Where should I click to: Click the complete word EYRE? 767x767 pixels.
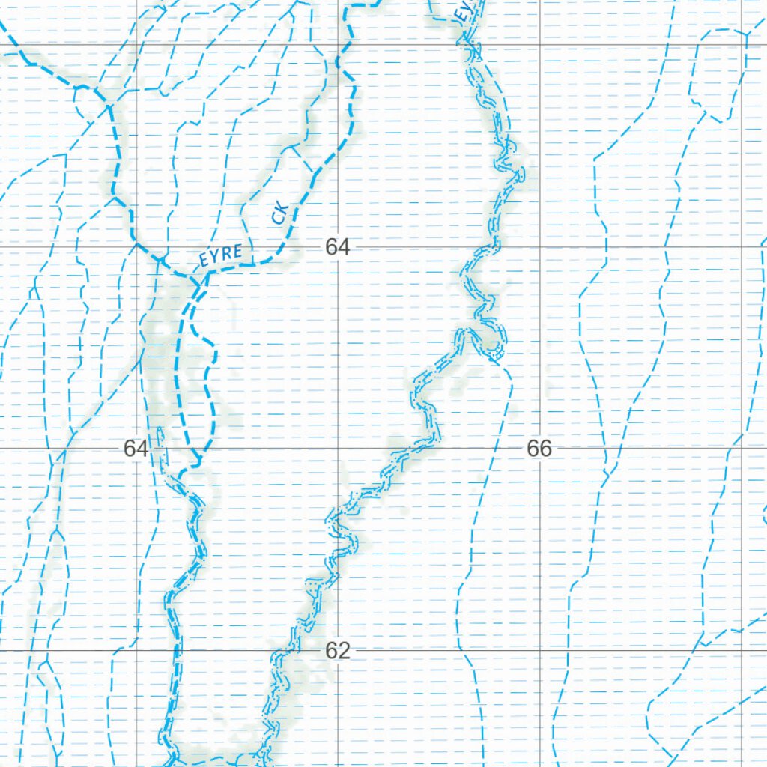220,255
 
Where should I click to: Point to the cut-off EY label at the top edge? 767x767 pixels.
464,10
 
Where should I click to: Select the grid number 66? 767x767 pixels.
539,449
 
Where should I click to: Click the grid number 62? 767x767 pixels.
338,651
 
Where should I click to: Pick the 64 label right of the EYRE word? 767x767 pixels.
338,247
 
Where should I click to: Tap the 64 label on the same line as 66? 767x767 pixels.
136,449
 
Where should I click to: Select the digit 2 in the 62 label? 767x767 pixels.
344,651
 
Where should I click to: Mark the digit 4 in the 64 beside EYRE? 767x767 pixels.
344,247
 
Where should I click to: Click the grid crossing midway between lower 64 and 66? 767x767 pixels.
339,449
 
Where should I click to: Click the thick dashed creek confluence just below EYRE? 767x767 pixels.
199,283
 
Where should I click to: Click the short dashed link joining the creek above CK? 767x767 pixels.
303,160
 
